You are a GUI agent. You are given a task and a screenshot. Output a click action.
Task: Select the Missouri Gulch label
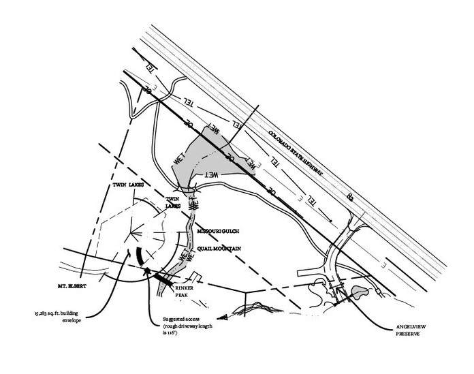click(217, 232)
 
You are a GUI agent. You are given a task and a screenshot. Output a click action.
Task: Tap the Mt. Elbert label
click(69, 279)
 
